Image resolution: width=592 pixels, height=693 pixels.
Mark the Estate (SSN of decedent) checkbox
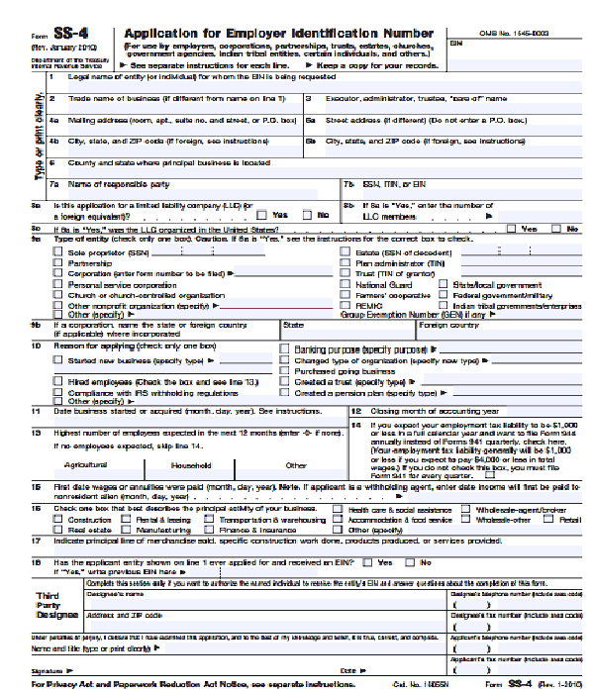click(x=345, y=251)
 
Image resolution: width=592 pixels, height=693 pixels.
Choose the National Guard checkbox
click(x=345, y=284)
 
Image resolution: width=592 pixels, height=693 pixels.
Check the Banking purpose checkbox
click(x=285, y=349)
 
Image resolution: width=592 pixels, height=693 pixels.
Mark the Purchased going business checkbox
click(x=285, y=371)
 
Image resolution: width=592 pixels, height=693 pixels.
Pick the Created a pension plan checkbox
click(x=285, y=393)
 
